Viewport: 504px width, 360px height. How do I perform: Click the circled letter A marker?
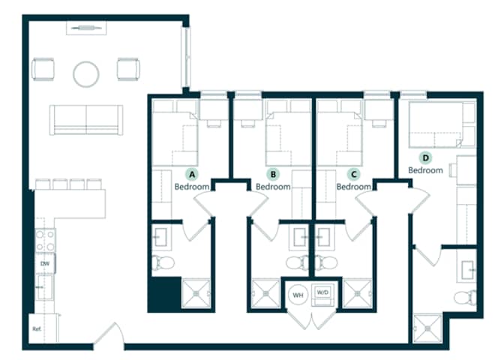point(192,175)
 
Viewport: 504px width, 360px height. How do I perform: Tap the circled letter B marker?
point(273,175)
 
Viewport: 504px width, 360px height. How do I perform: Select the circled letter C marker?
point(354,175)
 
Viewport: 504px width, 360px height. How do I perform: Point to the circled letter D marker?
point(425,157)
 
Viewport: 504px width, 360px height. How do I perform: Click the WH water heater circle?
point(298,295)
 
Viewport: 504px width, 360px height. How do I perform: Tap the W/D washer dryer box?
point(322,295)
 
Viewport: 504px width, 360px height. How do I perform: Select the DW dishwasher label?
point(45,264)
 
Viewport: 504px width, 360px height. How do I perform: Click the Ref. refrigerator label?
point(37,329)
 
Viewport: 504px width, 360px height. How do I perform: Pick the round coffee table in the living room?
point(85,74)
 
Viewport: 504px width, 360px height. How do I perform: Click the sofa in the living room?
point(86,120)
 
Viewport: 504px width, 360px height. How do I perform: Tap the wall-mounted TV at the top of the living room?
point(86,28)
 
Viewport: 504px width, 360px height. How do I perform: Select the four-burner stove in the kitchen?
point(45,240)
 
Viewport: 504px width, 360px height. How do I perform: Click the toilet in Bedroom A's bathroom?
point(163,263)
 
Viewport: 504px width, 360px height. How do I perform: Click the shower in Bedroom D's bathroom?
point(427,328)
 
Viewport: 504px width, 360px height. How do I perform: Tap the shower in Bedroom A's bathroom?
point(196,294)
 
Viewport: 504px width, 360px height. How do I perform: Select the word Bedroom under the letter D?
point(425,170)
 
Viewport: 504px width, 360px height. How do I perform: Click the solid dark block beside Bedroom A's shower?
point(164,294)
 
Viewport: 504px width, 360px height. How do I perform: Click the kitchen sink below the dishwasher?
point(45,287)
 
